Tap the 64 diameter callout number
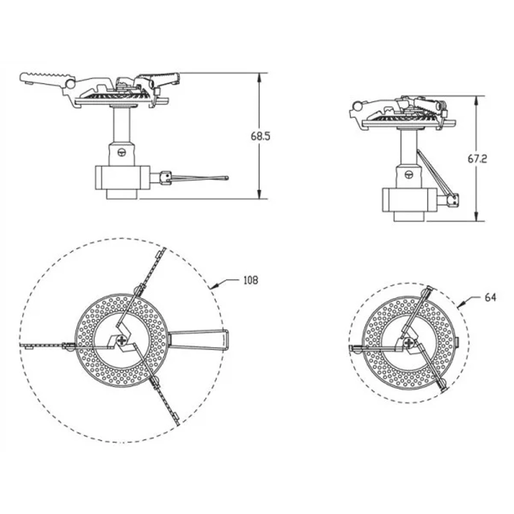490,298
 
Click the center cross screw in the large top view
123,340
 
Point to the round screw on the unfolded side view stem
122,152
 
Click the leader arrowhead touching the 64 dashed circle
460,305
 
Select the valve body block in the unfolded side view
122,177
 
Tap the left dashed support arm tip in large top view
26,345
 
